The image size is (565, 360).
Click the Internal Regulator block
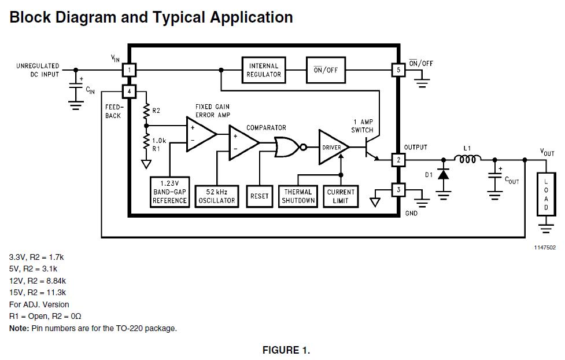263,70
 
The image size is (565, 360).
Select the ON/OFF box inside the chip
326,70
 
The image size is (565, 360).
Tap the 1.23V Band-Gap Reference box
169,192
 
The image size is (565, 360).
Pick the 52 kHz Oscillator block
216,196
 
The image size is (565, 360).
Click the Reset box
260,196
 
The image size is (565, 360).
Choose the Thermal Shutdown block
298,196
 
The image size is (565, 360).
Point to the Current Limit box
341,196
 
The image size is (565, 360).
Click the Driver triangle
333,147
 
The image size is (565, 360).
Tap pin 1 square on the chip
130,70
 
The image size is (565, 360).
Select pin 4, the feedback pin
130,91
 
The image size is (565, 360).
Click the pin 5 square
398,70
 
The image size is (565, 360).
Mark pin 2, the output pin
398,160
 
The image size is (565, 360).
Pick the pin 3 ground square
398,190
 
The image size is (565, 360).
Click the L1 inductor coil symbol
467,159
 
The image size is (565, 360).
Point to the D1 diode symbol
443,175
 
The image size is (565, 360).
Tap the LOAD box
546,194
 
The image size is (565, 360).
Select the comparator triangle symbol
244,143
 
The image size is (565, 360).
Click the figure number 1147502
545,248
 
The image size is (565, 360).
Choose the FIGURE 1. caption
286,350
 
